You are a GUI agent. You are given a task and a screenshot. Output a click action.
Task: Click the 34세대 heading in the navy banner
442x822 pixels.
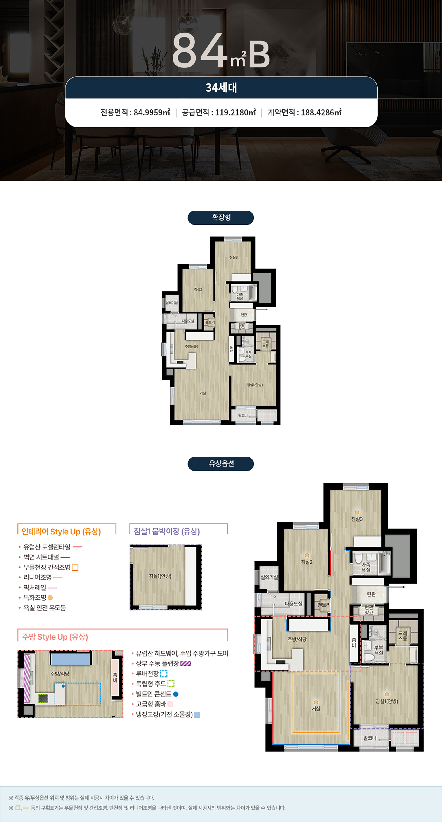[x=221, y=87]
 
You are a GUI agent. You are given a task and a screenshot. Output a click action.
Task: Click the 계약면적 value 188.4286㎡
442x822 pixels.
[x=321, y=112]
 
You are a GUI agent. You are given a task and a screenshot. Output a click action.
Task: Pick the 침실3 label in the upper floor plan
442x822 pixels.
[x=233, y=257]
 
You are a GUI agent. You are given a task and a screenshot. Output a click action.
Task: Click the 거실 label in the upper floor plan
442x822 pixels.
[x=202, y=393]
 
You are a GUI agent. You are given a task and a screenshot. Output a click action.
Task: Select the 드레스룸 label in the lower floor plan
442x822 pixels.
[x=402, y=636]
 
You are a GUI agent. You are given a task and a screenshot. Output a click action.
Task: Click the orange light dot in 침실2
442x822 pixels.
[x=307, y=555]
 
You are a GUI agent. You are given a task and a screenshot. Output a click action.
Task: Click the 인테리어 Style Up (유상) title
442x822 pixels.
[x=61, y=532]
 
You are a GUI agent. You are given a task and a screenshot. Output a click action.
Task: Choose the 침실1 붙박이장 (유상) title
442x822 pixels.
[x=166, y=531]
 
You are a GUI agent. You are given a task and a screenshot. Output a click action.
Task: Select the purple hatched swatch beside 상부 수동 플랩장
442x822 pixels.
[x=186, y=663]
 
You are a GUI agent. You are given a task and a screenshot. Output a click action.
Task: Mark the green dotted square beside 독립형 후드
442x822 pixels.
[x=171, y=684]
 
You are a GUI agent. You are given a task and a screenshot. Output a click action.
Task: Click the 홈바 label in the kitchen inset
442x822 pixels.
[x=115, y=675]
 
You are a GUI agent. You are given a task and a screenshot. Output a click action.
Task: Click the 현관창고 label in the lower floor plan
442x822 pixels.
[x=369, y=610]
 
